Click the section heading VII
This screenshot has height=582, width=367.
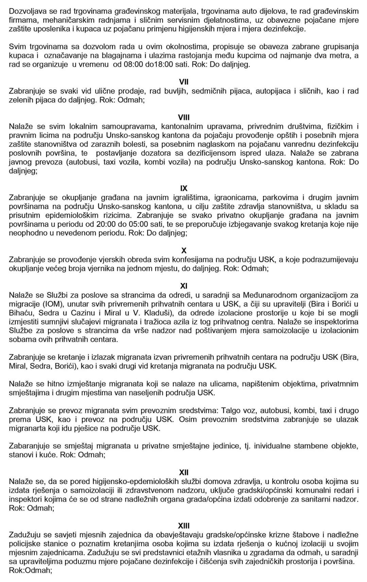click(x=183, y=82)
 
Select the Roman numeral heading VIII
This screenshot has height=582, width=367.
click(x=183, y=118)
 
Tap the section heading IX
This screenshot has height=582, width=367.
click(x=183, y=188)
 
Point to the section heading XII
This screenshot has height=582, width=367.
click(x=183, y=472)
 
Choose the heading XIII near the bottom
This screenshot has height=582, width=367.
click(x=183, y=526)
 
